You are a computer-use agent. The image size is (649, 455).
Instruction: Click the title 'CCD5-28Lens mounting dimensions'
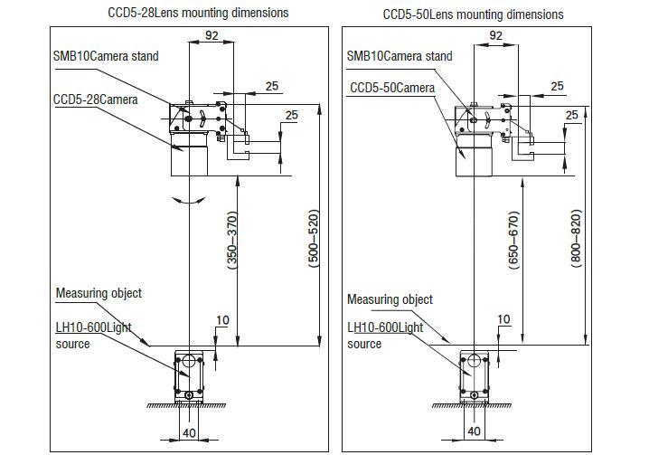point(198,13)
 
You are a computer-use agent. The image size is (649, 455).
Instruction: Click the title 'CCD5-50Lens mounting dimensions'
point(473,14)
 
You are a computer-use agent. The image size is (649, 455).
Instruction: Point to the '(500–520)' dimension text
point(315,238)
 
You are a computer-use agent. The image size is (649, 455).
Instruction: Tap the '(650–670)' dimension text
point(513,241)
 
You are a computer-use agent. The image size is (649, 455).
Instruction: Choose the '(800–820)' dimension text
point(576,238)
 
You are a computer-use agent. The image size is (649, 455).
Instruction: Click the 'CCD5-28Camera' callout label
point(95,100)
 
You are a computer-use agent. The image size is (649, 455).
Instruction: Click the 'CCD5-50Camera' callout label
point(392,88)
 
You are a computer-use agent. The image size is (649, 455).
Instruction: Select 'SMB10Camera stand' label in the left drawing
point(106,56)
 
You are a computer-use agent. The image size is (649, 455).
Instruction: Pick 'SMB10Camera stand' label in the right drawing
point(400,56)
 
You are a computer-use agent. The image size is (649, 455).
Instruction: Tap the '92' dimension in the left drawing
point(212,35)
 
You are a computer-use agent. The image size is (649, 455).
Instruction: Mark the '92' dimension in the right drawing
point(495,35)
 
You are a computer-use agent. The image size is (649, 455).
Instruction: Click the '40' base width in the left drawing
point(189,433)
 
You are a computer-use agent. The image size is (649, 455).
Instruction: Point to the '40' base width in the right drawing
point(474,431)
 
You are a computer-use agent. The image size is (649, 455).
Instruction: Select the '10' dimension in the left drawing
point(222,320)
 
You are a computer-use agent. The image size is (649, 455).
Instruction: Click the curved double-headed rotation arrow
point(189,201)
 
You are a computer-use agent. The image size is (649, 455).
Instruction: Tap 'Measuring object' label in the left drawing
point(99,293)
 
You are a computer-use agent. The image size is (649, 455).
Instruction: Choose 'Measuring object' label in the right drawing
point(390,299)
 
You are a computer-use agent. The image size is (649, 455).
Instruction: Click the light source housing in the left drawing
point(189,376)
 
